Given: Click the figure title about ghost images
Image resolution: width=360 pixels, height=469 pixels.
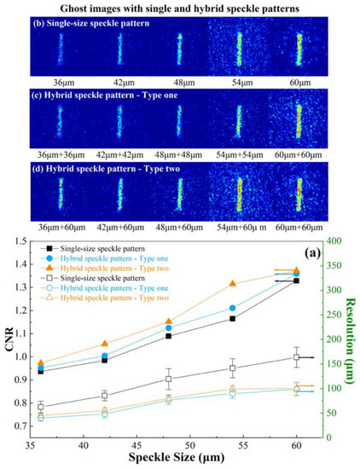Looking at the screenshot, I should (x=180, y=8).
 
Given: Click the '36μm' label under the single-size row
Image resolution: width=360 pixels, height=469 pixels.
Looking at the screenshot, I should (x=60, y=84).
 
